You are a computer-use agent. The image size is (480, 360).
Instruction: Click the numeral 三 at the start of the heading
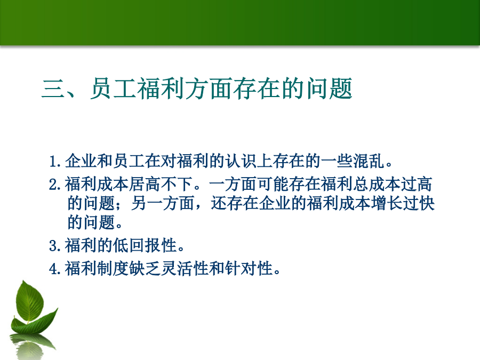tap(53, 89)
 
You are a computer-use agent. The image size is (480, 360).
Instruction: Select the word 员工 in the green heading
tap(113, 89)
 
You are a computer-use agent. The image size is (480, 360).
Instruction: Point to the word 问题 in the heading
tap(329, 89)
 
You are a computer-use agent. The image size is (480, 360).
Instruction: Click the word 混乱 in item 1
tap(369, 161)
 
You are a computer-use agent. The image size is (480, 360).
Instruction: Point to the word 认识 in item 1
tap(241, 161)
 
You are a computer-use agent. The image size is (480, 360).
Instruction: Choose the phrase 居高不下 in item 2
tap(161, 185)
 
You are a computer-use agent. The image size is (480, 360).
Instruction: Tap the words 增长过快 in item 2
tap(403, 203)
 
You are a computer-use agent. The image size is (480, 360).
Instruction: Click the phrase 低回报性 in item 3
tap(145, 245)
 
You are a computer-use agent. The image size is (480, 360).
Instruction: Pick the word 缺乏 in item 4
tap(145, 269)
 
